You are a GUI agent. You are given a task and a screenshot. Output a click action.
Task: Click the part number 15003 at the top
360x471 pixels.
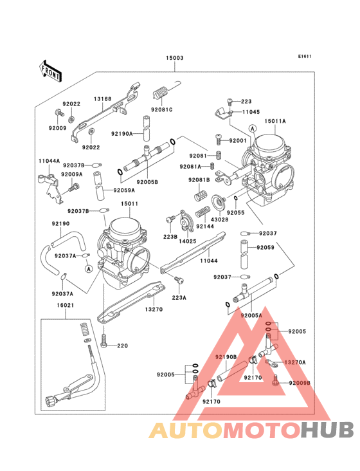175,58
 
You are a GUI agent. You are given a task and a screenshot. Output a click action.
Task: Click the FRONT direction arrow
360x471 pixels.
51,70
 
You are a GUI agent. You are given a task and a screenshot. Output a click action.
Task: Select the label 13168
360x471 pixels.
103,99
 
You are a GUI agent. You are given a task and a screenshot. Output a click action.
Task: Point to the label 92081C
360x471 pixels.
162,110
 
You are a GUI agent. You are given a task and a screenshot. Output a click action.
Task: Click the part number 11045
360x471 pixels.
251,112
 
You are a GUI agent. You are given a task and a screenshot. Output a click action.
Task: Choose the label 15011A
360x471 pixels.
275,120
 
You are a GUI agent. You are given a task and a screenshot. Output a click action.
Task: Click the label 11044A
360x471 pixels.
50,161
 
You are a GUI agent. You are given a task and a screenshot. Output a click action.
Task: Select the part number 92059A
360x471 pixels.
125,190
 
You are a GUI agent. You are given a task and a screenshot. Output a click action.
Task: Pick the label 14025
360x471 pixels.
187,240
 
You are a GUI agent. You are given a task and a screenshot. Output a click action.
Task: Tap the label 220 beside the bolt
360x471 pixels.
122,346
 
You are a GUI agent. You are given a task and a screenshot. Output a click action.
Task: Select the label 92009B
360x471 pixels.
300,383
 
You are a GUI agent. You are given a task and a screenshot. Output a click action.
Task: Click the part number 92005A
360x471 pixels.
251,316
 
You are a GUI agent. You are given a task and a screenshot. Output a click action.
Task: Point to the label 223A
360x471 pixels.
179,298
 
